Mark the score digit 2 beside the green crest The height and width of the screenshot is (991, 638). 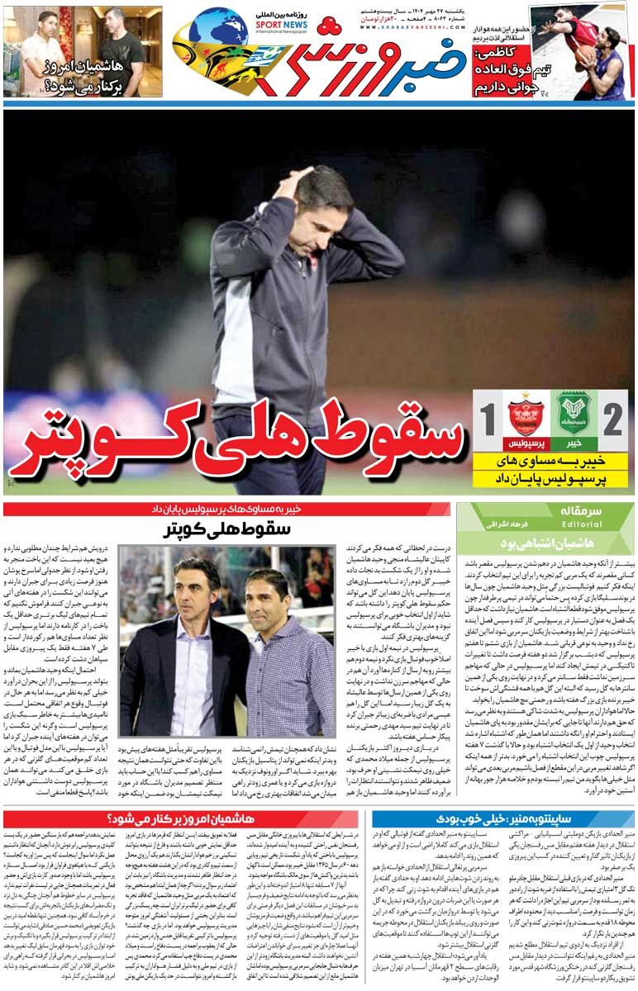[612, 420]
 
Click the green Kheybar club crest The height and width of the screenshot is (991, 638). [572, 410]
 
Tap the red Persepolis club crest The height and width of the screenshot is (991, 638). [524, 412]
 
